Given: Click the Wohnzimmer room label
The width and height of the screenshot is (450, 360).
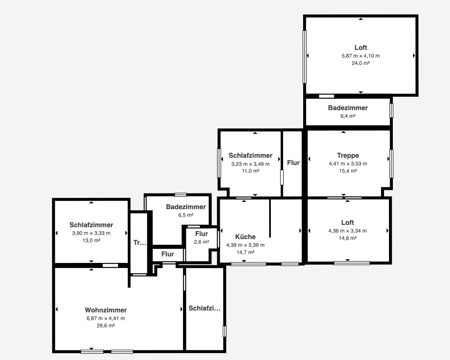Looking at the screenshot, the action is coord(105,310).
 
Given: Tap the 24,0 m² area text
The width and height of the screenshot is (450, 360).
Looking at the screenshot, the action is coord(361,63).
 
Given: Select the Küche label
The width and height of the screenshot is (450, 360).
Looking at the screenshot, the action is coord(246,237).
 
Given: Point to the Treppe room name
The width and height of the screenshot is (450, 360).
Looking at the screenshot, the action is coord(348,155).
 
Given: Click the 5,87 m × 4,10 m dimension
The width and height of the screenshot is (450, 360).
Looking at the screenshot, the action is coord(361,56).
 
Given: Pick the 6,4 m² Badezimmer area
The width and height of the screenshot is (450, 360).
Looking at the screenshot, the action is coord(348,116).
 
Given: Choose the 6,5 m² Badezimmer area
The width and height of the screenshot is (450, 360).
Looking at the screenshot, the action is coord(186,215).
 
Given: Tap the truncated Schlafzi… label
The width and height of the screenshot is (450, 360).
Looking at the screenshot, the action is coord(204,308).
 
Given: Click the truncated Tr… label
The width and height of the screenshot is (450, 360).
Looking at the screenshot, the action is coord(140,243).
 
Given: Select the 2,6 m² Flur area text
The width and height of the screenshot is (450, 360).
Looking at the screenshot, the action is coord(201,242).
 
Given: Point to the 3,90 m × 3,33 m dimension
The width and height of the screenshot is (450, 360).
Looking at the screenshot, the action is coord(91,233).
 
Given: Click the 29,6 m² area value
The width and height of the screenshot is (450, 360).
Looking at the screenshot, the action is coord(105,325).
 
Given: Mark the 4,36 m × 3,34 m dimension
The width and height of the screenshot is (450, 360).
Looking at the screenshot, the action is coord(348,231).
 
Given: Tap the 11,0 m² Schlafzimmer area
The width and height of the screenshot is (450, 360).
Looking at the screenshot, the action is coord(251,171).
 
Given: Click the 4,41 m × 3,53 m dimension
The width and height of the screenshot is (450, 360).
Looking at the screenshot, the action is coord(348,163).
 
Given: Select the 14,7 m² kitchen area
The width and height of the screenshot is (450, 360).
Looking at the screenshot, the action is coord(246,252).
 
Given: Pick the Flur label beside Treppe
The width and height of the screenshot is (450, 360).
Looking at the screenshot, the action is coord(293,163).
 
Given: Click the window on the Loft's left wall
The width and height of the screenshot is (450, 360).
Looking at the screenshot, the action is coord(305,57).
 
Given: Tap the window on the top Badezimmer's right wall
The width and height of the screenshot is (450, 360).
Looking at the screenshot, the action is coord(391,111).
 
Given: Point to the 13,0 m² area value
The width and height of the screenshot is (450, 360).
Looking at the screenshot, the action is coord(91,241).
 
